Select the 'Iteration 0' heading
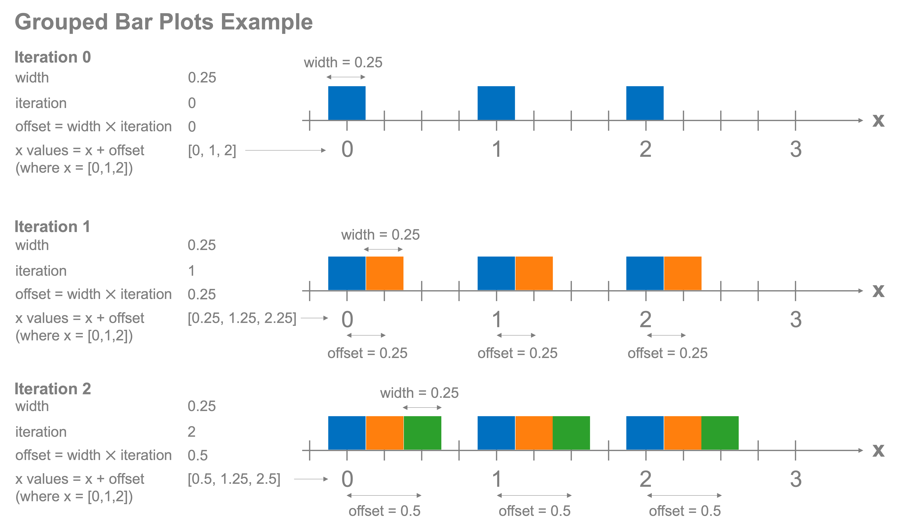point(52,57)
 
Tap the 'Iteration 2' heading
point(52,389)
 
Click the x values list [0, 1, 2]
point(212,150)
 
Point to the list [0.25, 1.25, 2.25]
point(242,318)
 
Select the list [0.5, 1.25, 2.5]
point(234,479)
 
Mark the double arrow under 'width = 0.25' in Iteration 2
point(422,408)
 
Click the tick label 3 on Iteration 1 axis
point(796,319)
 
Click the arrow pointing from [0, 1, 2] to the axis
point(285,150)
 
